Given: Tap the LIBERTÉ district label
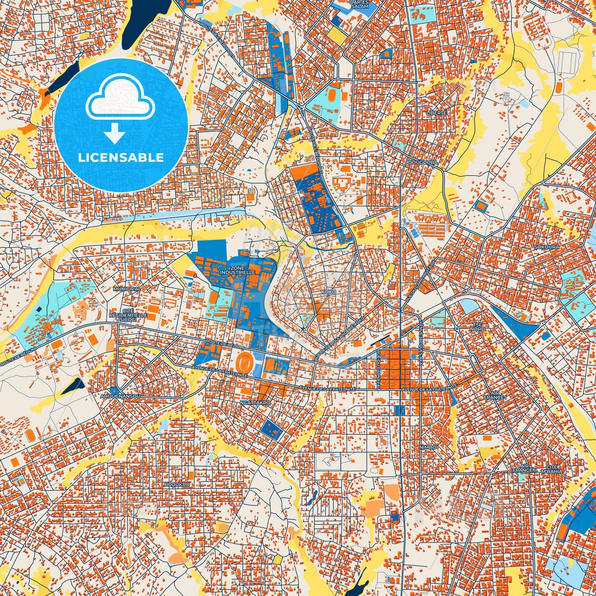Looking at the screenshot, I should coord(436,113).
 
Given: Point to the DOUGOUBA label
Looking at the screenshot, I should coord(423,163).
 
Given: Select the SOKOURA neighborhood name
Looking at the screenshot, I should coord(547,247).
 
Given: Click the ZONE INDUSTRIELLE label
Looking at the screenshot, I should coord(243,270).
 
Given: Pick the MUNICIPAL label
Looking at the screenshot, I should coord(127,289).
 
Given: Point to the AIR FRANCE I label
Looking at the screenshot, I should coord(495,395).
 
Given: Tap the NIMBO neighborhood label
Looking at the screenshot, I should coord(427,447).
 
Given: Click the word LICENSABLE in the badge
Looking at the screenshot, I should coord(121,158).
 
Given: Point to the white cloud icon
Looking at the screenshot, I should coord(120,99).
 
